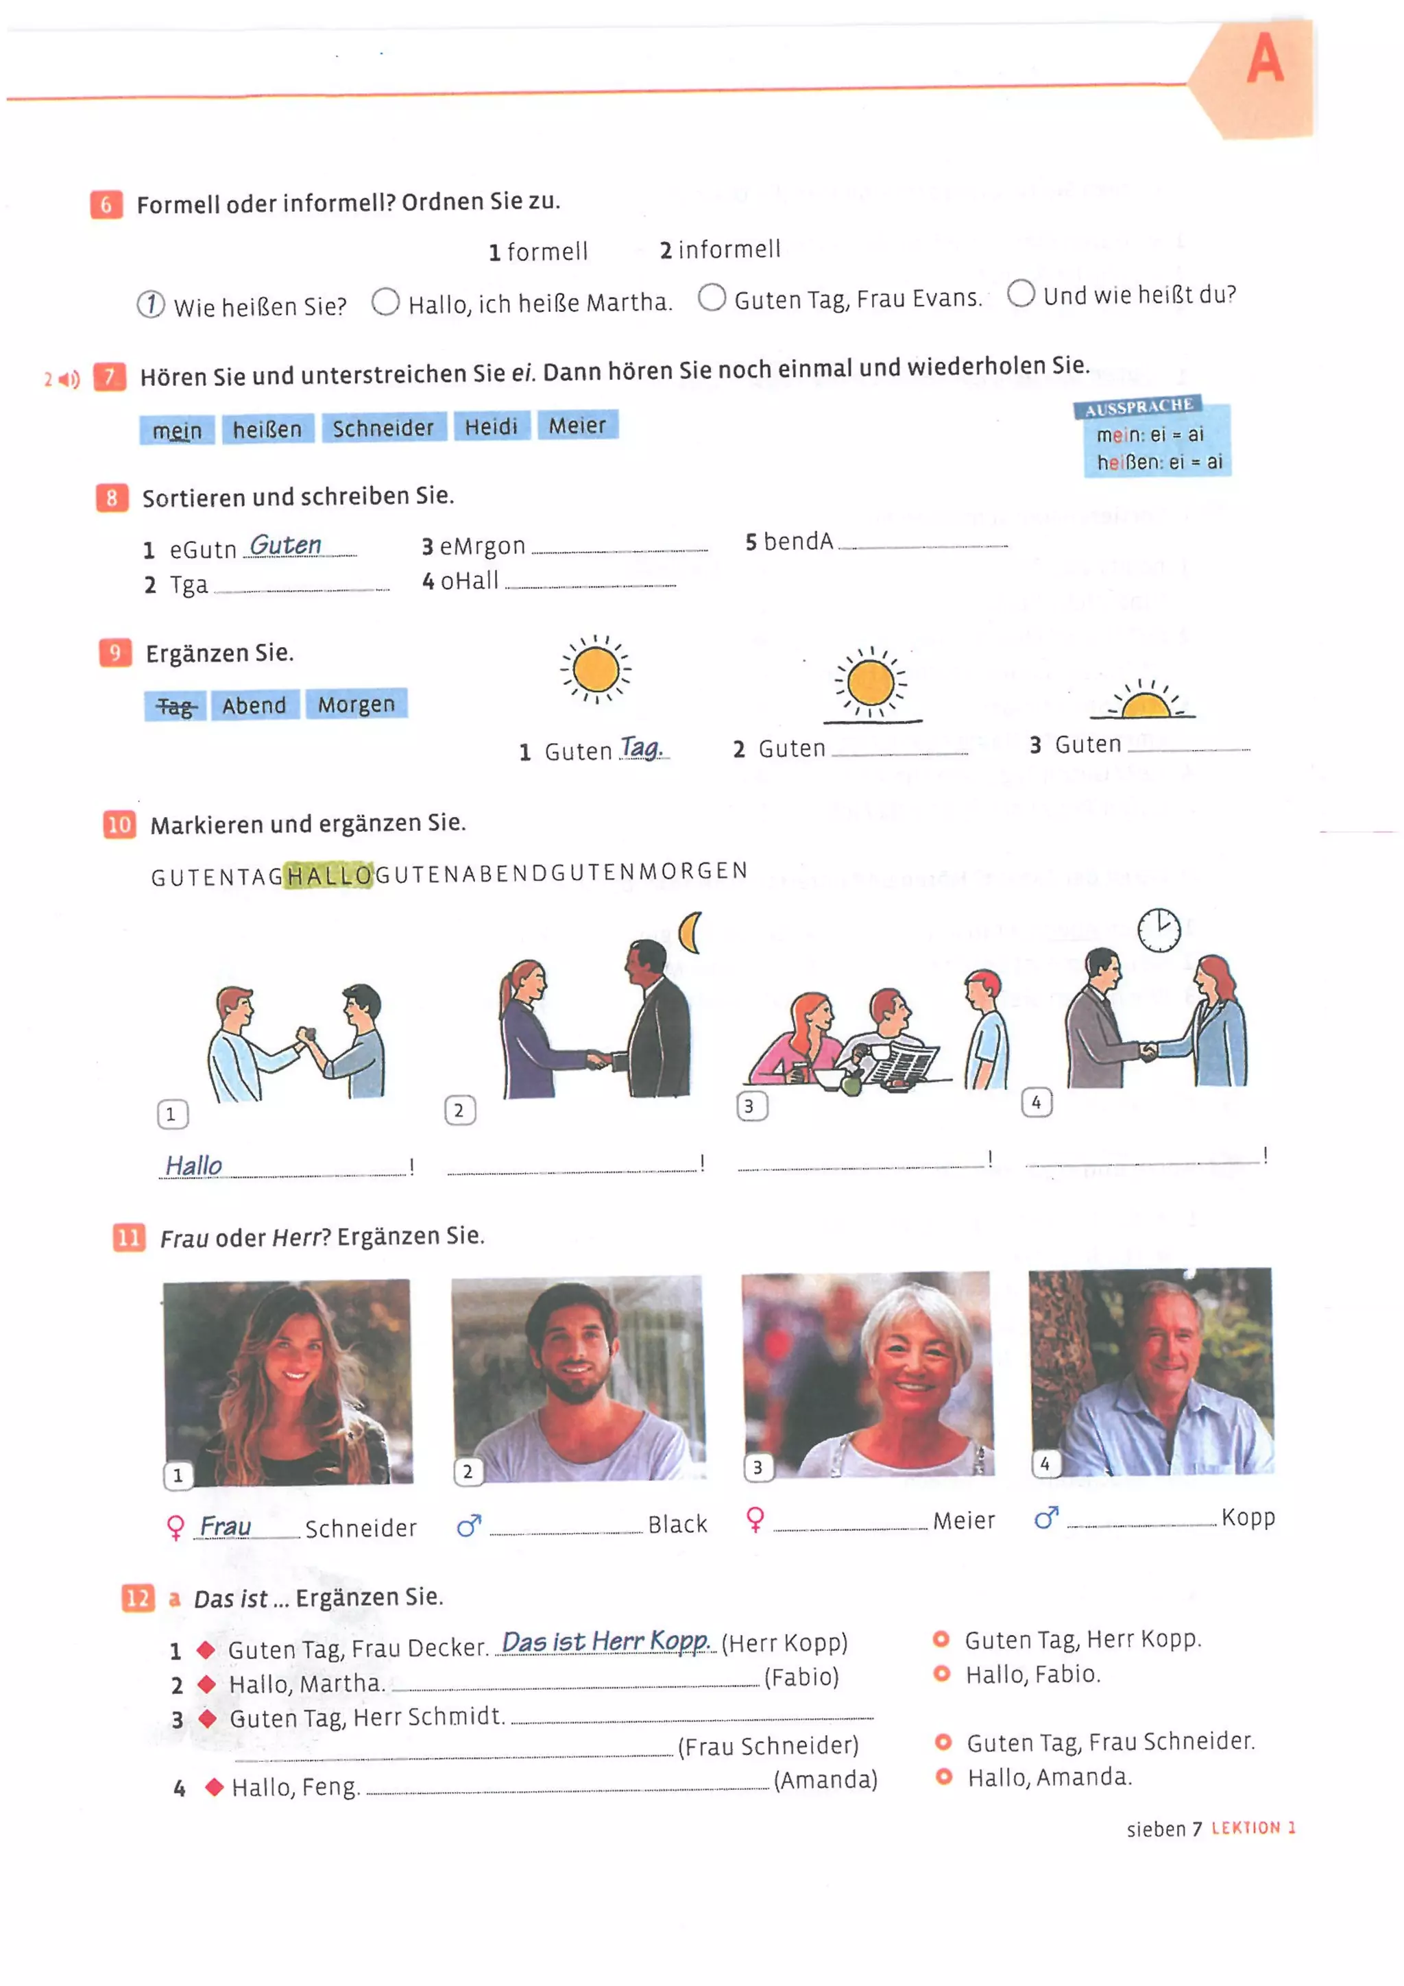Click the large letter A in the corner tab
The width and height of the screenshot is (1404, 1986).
(1264, 59)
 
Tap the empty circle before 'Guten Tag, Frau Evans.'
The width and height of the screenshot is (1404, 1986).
(711, 297)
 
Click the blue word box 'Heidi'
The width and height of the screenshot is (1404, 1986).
(490, 426)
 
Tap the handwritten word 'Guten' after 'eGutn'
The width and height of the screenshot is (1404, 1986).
(285, 545)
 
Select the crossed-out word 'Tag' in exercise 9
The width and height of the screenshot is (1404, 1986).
(175, 707)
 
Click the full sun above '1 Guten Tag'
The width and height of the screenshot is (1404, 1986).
(595, 670)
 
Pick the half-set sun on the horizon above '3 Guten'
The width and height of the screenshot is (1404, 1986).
(1143, 703)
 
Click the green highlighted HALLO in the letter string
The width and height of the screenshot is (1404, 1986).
(329, 875)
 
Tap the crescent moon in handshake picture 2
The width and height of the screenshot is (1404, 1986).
(690, 932)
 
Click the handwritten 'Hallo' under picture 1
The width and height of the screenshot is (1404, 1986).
(194, 1166)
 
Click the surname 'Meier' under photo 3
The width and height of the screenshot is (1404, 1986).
(963, 1521)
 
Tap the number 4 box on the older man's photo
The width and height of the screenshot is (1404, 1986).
(1045, 1464)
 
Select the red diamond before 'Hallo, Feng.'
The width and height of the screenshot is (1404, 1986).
(214, 1787)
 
